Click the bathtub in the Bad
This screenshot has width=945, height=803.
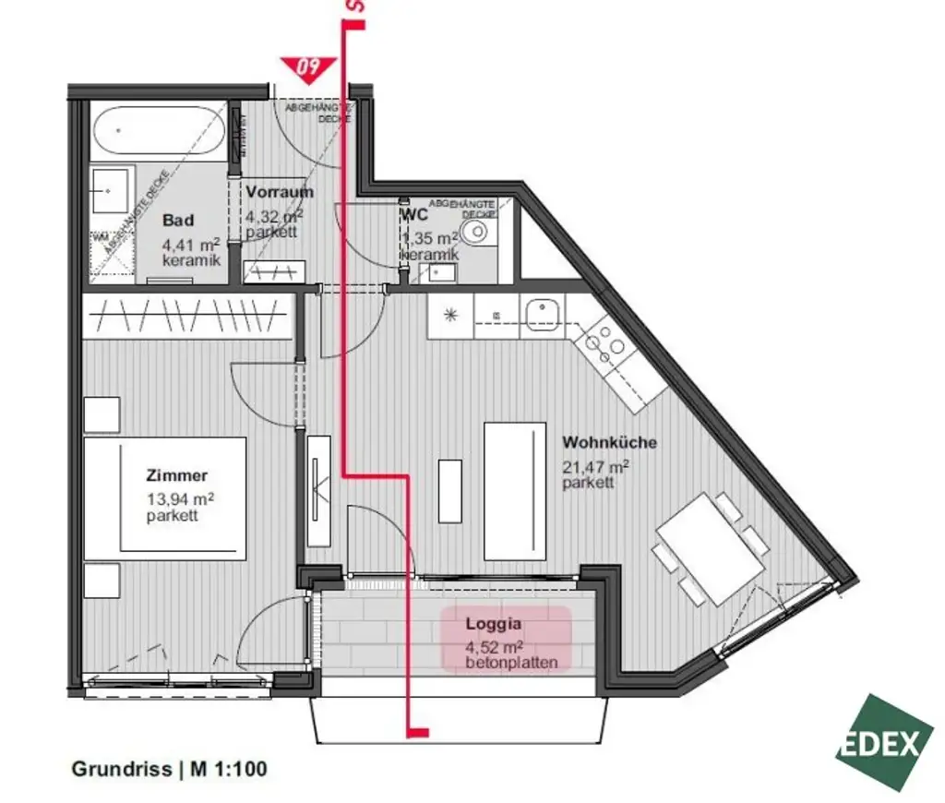point(157,135)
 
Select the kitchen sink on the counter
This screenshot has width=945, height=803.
point(541,316)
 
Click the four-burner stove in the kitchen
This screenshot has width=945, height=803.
point(605,342)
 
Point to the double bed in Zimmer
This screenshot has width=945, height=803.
point(166,498)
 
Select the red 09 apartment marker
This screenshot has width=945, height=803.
point(308,67)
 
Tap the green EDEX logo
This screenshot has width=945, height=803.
point(883,742)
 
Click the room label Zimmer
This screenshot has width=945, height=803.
point(177,476)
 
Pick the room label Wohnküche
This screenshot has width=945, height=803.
point(610,442)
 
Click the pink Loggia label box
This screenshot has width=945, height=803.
point(506,638)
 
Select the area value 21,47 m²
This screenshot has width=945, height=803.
point(595,466)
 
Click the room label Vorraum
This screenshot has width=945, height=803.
point(279,193)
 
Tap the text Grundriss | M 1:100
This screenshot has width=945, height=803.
point(170,768)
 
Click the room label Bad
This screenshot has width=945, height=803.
point(178,221)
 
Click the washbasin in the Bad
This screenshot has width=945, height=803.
point(113,189)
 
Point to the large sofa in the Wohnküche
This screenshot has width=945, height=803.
point(512,490)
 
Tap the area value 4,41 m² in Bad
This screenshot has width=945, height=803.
point(190,245)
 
